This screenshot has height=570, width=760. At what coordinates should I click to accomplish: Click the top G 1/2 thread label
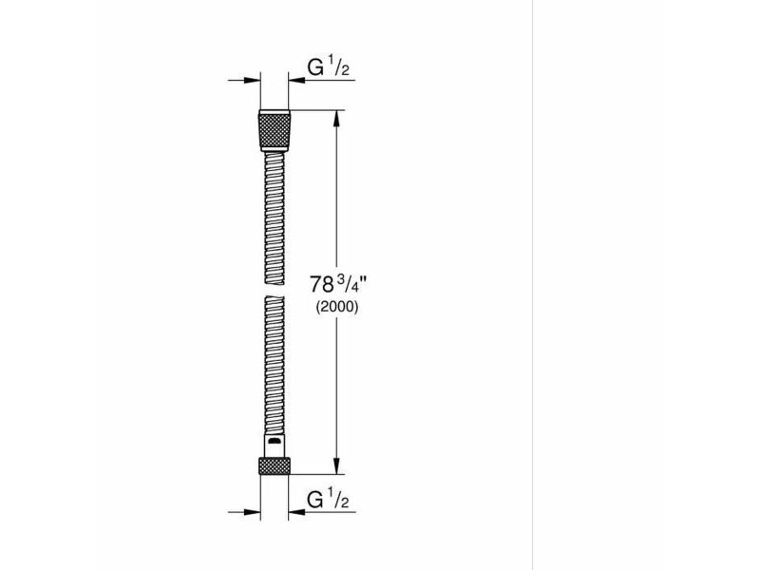point(328,66)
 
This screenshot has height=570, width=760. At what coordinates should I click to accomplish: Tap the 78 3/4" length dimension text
point(339,284)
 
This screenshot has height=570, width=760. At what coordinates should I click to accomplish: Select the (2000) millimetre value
point(337,307)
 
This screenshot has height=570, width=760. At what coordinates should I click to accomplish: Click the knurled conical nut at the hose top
point(275,130)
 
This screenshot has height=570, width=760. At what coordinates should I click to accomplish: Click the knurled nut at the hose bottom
point(275,465)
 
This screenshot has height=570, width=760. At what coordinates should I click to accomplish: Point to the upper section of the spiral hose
point(275,218)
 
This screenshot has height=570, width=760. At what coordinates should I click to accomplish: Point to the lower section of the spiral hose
point(275,365)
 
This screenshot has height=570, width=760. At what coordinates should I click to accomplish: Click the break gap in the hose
point(275,291)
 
